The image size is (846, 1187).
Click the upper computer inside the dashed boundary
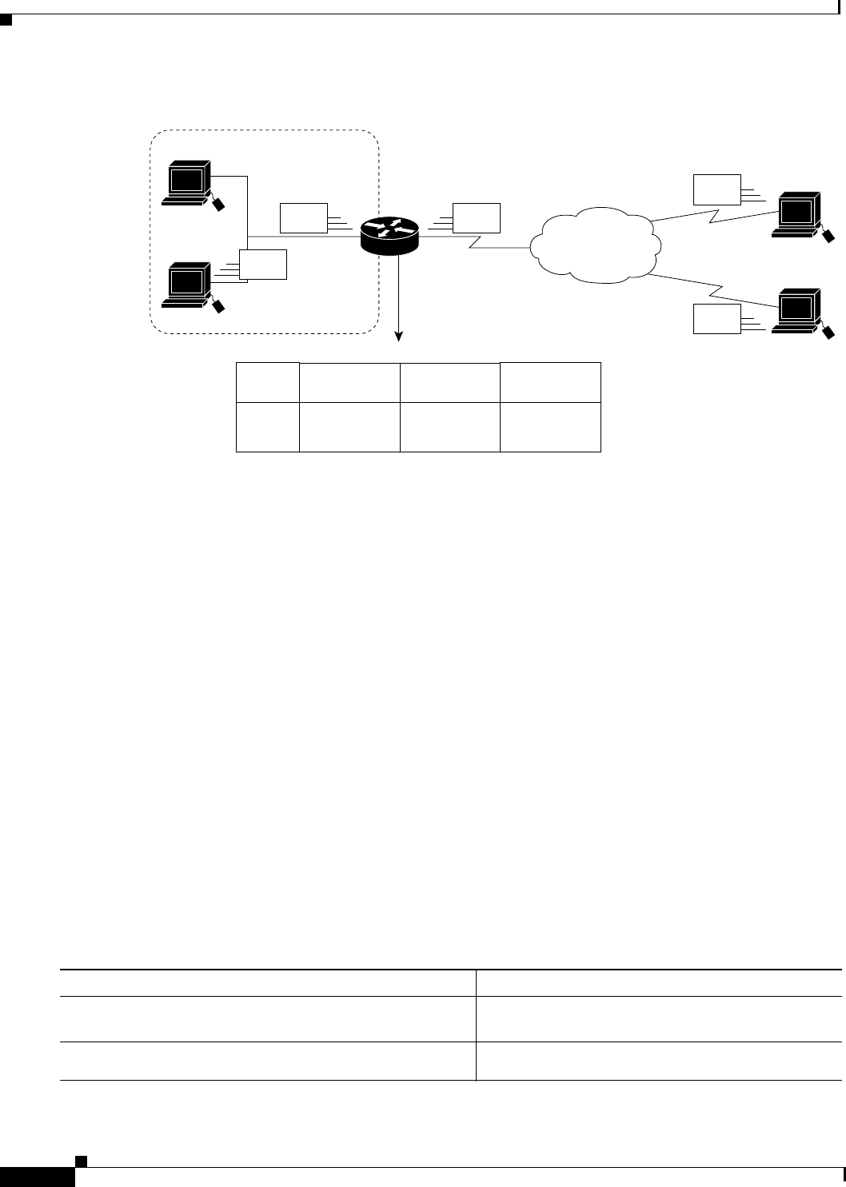tap(187, 183)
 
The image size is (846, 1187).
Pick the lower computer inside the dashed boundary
tap(187, 285)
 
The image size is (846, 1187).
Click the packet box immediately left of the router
tap(304, 218)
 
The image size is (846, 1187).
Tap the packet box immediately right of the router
tap(477, 218)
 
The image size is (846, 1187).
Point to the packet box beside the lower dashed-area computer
tap(264, 265)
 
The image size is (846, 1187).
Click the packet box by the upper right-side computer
tap(717, 188)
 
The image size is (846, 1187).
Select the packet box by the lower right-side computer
tap(717, 320)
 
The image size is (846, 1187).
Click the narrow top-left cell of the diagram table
tap(268, 383)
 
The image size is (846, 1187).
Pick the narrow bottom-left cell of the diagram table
tap(268, 428)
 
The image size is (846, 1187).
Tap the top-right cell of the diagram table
tap(550, 382)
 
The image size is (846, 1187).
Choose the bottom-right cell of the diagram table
tap(550, 428)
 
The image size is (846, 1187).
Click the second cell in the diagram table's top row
tap(349, 383)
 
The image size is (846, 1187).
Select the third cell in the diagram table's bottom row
tap(449, 428)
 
